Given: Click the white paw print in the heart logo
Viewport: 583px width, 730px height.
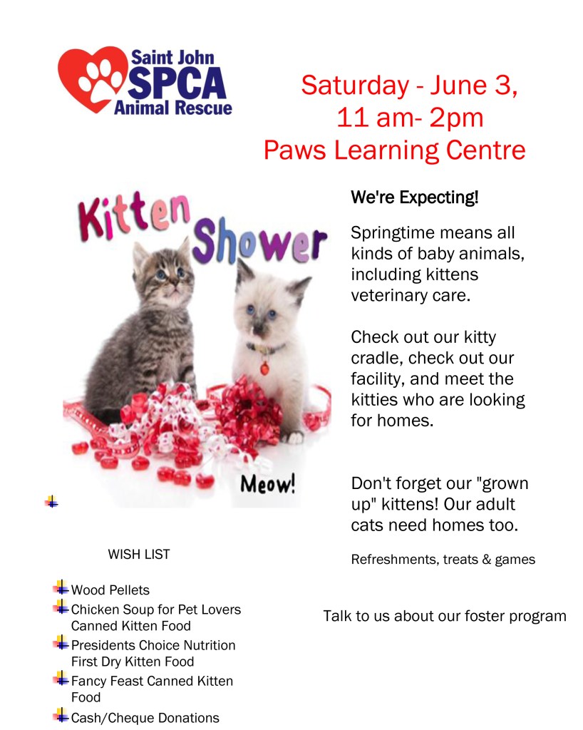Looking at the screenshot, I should [x=100, y=78].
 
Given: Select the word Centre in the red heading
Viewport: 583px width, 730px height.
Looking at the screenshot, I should [x=485, y=150].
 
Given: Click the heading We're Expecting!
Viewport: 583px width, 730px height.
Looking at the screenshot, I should [x=415, y=197].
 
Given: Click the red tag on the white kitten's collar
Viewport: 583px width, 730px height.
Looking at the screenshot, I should [x=264, y=369].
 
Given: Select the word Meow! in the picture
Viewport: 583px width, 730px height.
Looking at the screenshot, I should [x=268, y=485].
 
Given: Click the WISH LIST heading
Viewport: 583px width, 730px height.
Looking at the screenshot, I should [x=139, y=554].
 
